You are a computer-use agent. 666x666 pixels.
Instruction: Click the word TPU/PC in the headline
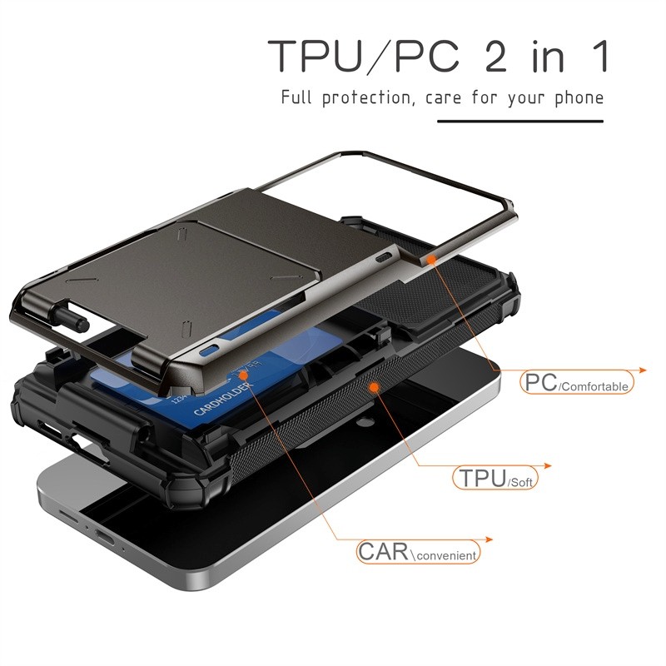point(364,56)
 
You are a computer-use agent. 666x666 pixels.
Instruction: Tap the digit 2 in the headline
point(495,56)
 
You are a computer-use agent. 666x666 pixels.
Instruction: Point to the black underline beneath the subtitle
point(520,122)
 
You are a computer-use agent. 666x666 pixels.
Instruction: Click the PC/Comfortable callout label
point(576,382)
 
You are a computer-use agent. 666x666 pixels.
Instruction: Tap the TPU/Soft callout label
point(495,478)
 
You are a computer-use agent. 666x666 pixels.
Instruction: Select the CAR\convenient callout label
point(418,552)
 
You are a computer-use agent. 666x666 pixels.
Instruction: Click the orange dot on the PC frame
point(431,259)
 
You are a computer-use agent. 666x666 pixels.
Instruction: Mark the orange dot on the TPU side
point(374,386)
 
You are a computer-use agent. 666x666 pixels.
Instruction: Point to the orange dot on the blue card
point(243,375)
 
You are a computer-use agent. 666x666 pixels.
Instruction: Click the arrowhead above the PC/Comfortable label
point(642,370)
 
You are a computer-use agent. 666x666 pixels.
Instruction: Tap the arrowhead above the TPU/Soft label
point(548,466)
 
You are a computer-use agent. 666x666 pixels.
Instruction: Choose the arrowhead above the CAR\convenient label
point(489,539)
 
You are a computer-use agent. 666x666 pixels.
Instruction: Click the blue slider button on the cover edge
point(211,350)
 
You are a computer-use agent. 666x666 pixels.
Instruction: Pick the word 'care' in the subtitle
point(444,99)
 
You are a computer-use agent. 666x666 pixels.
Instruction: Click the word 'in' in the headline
point(548,56)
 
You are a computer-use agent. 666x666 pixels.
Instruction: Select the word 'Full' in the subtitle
point(296,97)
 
